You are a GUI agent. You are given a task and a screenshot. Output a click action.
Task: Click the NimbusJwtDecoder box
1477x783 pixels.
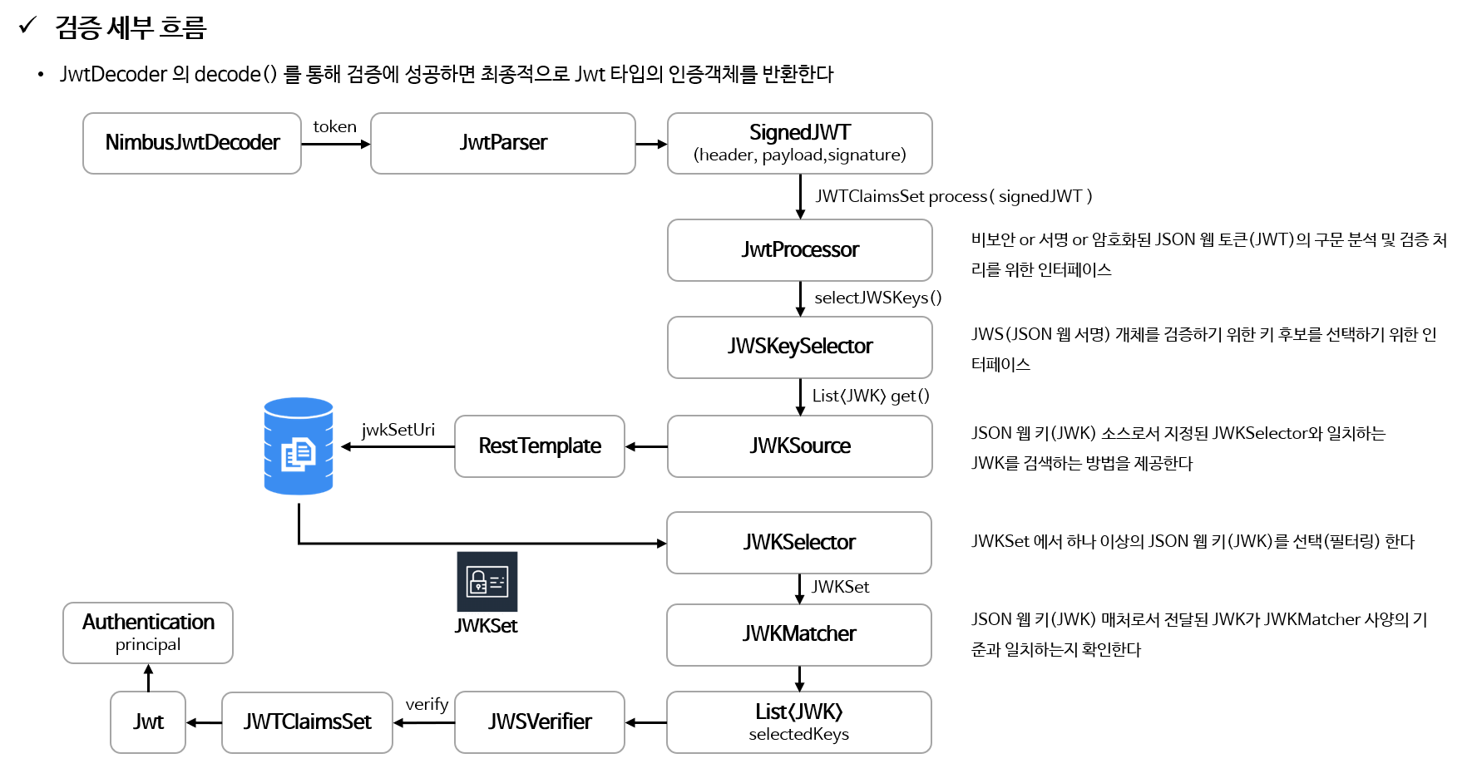point(192,143)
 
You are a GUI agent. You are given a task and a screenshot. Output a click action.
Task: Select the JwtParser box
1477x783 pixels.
point(502,143)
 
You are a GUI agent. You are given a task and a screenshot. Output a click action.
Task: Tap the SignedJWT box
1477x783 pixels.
point(799,143)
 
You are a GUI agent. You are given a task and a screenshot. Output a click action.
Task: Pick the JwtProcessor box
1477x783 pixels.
point(799,249)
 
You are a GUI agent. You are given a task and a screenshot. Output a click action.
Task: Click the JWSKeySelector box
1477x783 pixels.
point(799,347)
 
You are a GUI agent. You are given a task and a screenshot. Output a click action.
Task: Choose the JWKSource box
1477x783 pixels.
point(799,446)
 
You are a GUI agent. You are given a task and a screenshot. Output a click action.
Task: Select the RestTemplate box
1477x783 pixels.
point(539,446)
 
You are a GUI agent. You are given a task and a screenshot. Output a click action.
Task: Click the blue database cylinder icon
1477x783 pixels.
point(299,446)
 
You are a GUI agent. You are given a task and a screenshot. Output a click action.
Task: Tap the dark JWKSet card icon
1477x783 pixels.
point(487,582)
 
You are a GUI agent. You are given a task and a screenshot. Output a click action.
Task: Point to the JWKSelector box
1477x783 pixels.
point(798,543)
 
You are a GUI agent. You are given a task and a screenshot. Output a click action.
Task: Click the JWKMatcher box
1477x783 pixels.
point(798,634)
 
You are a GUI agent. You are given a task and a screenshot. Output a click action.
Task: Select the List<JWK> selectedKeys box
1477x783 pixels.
point(798,722)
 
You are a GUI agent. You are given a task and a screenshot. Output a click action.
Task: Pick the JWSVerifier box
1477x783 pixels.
point(539,722)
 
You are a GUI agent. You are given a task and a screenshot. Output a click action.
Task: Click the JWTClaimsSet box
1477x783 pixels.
point(307,722)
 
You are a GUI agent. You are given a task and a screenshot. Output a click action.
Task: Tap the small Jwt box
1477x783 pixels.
point(148,722)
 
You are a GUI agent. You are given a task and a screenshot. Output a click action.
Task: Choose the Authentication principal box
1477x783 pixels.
point(148,633)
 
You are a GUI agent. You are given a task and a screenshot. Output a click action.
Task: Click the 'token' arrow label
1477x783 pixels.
point(334,127)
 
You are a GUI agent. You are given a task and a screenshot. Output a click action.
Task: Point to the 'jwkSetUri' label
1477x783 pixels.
point(398,430)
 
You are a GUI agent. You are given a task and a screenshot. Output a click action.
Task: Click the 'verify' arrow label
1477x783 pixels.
point(427,705)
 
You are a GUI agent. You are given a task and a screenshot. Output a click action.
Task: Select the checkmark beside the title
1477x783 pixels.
point(27,26)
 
